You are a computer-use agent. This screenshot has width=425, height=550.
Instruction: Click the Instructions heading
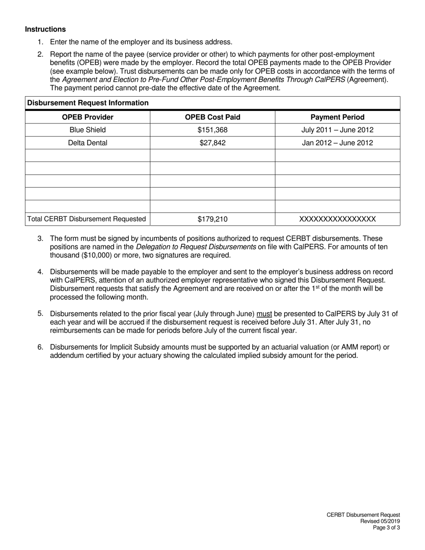[45, 30]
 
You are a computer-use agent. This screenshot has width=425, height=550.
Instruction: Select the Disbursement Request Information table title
[88, 103]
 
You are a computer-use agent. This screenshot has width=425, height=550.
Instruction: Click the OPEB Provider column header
[87, 117]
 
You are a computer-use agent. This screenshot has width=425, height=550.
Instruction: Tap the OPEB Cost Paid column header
[212, 117]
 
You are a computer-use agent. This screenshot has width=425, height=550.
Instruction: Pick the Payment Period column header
[337, 117]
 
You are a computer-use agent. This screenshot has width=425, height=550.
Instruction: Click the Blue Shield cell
[87, 130]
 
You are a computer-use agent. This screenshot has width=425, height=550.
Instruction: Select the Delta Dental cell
[87, 143]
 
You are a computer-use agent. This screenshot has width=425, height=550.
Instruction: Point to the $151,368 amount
[212, 130]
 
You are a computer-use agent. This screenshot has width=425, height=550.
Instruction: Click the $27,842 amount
[212, 143]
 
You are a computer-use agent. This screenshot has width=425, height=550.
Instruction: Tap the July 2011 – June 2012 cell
[337, 130]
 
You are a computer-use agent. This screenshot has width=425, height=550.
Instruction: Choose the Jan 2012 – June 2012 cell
[337, 143]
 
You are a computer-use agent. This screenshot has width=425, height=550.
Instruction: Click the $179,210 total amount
[212, 219]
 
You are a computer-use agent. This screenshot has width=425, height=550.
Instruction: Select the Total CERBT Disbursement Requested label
[87, 219]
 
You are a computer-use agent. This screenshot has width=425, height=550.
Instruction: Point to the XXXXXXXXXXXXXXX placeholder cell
[337, 219]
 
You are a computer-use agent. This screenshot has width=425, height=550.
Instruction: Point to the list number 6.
[40, 347]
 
